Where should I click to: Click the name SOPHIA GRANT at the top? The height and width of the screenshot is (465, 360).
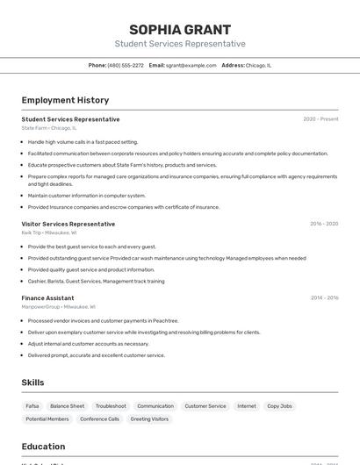(180, 29)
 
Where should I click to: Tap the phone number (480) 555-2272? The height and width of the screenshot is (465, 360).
(126, 65)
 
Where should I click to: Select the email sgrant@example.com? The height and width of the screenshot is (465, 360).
(191, 65)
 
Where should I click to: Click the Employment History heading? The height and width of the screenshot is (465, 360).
(65, 100)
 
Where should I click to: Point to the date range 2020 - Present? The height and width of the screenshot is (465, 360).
(320, 118)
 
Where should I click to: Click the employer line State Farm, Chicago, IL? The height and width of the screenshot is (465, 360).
(49, 128)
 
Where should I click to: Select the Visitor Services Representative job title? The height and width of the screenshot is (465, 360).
(68, 224)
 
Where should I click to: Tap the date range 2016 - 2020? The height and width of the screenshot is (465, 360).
(324, 224)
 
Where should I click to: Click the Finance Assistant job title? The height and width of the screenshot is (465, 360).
(47, 298)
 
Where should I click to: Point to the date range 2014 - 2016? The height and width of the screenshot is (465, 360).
(324, 298)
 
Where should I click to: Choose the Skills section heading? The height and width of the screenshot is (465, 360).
(32, 383)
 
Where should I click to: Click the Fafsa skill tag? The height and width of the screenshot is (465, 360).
(32, 406)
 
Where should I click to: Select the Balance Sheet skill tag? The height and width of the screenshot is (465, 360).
(68, 406)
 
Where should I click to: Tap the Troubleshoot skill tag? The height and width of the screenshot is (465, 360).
(111, 406)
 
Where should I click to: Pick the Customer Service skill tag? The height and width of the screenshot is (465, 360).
(205, 406)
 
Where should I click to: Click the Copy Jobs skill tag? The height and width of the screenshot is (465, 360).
(279, 406)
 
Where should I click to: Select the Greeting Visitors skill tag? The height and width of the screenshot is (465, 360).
(149, 419)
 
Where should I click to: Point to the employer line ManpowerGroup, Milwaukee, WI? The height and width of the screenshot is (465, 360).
(59, 307)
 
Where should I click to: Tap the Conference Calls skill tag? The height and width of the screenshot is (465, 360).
(100, 419)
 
